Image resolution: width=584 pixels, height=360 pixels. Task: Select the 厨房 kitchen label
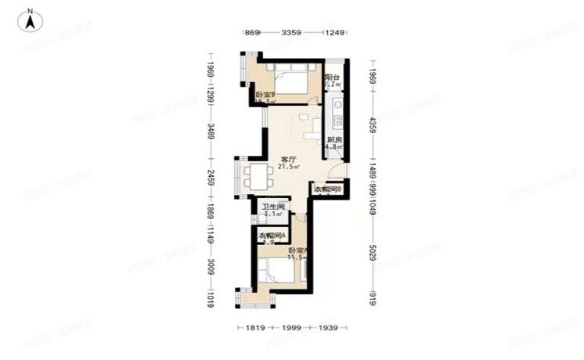click(333, 139)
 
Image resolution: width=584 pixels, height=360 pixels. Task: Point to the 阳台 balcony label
click(333, 78)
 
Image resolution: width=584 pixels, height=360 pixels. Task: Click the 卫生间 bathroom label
click(272, 207)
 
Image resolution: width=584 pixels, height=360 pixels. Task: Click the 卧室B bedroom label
click(265, 95)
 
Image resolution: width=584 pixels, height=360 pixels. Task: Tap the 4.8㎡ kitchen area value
click(333, 147)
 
